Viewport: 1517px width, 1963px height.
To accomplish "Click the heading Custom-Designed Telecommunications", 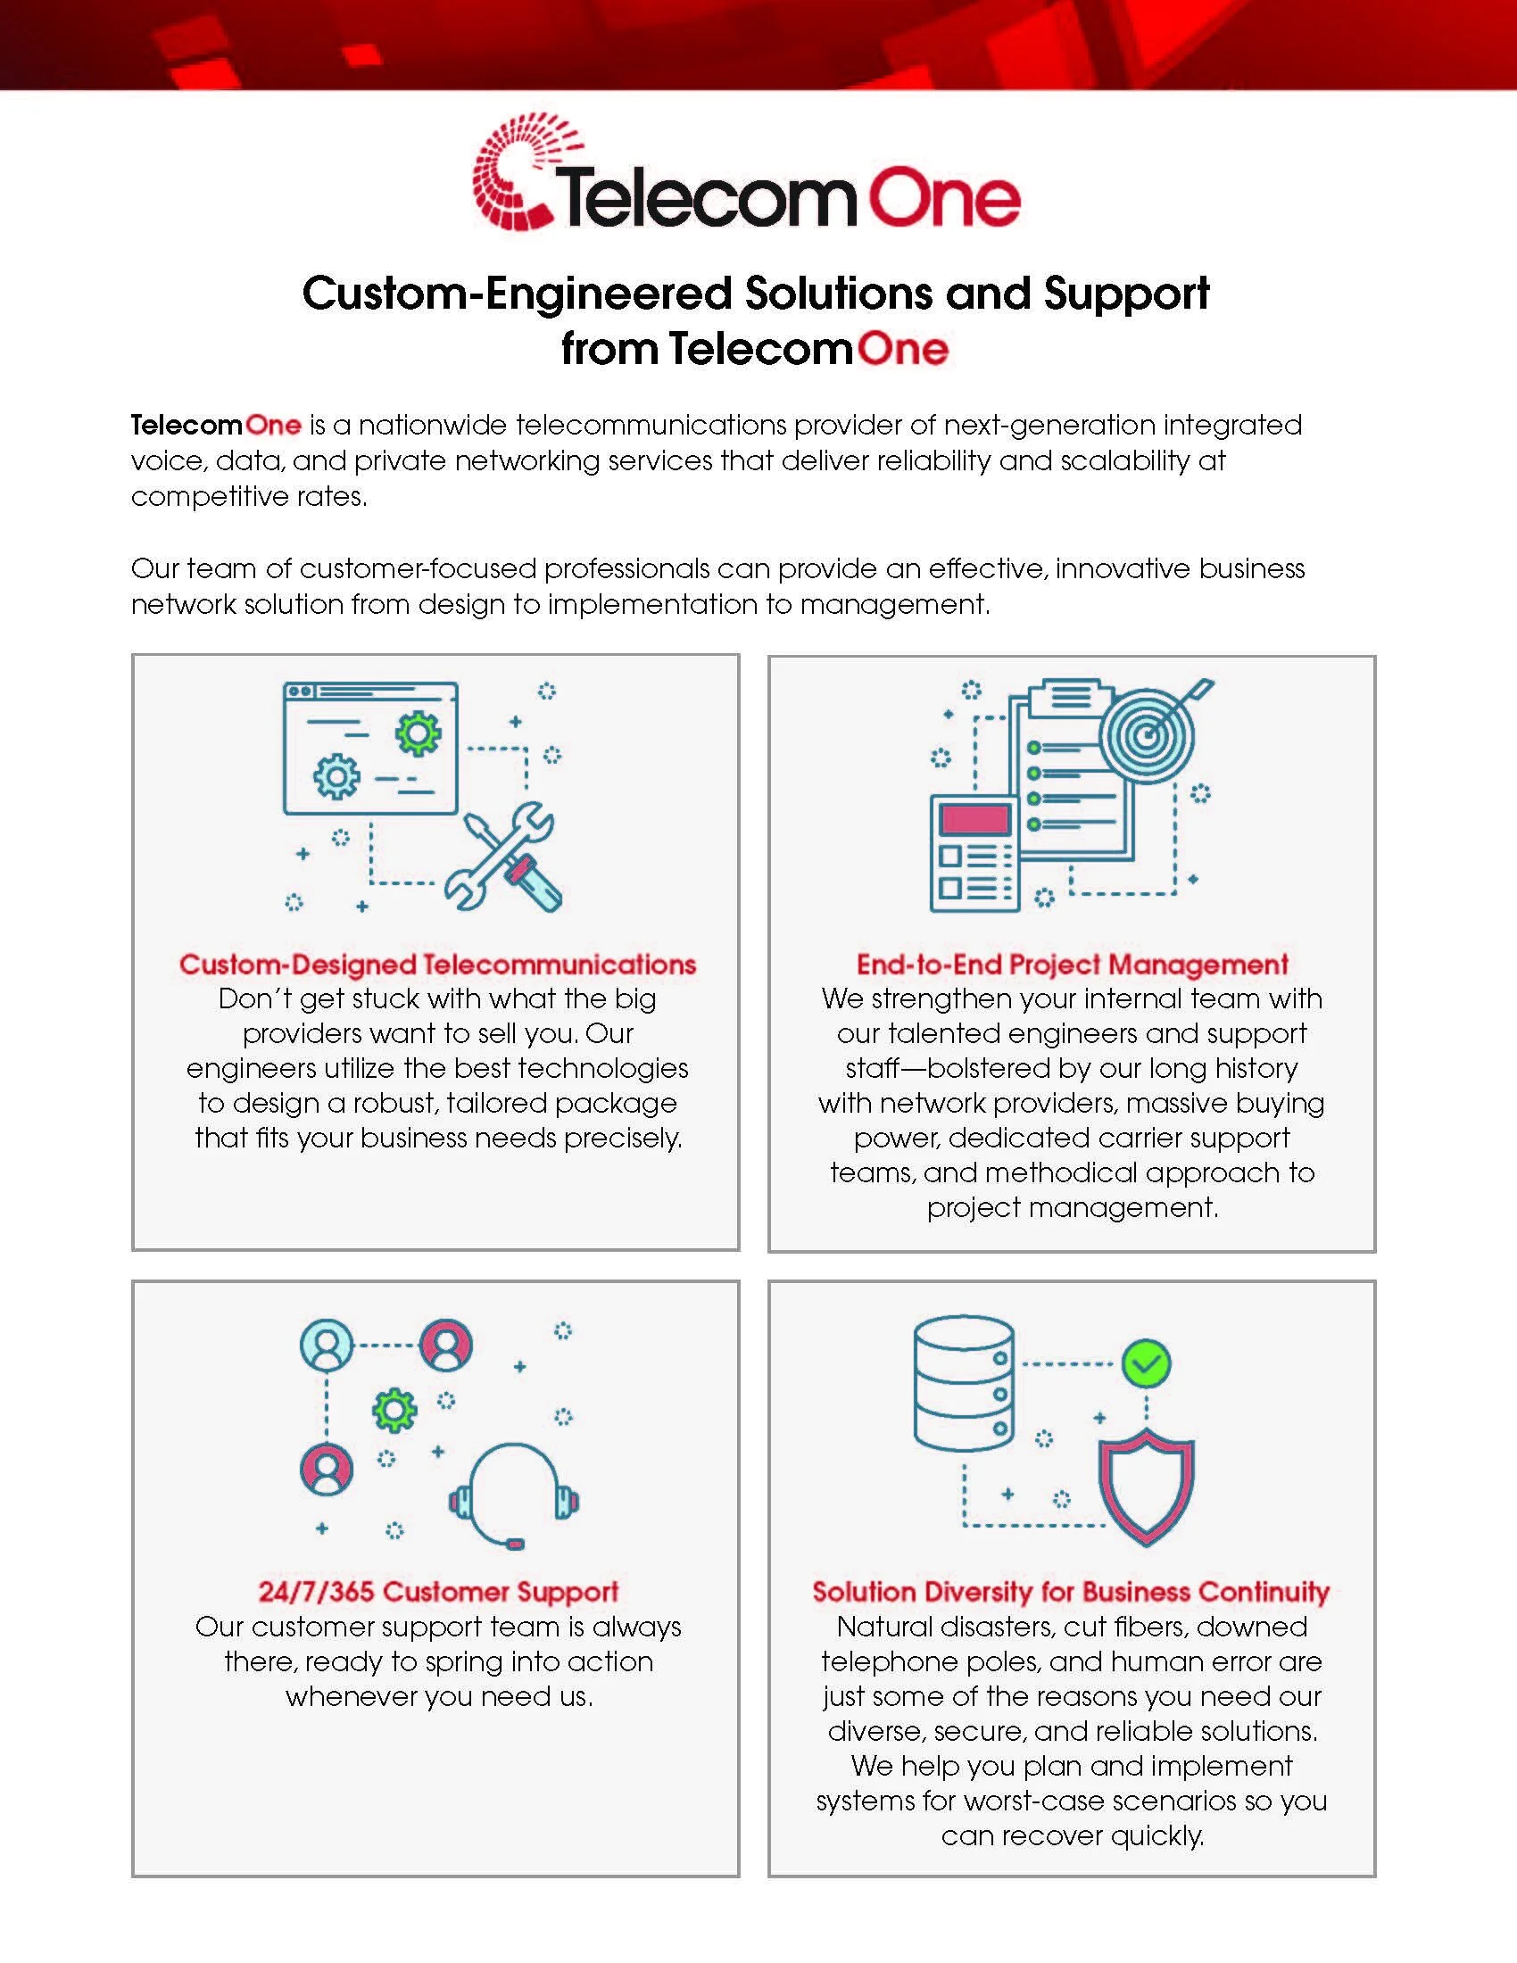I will point(437,965).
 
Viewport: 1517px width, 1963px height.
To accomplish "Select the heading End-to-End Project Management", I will point(1072,965).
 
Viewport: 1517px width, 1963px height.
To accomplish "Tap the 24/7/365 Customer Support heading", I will point(437,1592).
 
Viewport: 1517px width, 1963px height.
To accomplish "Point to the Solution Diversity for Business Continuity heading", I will point(1071,1592).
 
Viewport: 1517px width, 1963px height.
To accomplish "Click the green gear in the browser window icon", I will point(418,734).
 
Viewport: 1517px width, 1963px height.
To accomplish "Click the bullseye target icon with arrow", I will point(1149,734).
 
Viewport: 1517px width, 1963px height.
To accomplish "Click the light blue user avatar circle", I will point(327,1345).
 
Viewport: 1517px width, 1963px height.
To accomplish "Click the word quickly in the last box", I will point(1157,1835).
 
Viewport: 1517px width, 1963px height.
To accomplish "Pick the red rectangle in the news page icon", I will point(975,819).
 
